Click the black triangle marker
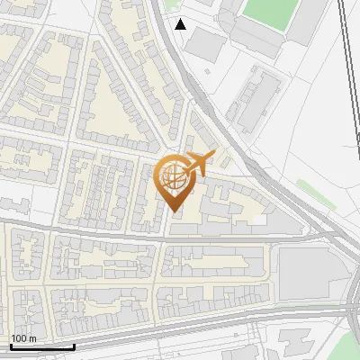181,24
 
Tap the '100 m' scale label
23,337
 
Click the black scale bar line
42,346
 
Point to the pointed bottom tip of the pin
175,211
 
